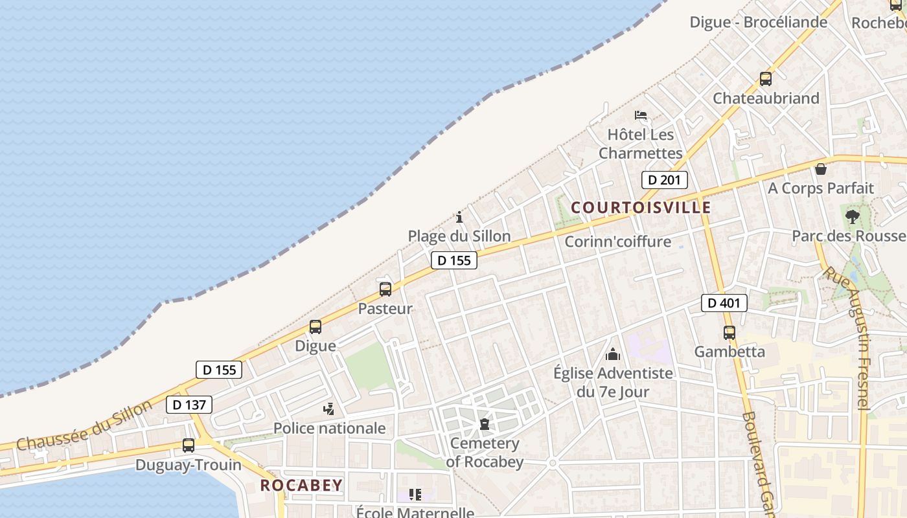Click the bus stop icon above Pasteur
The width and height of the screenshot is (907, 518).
click(385, 289)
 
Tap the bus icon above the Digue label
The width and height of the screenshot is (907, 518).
click(316, 327)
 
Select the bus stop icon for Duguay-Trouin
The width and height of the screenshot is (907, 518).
click(189, 445)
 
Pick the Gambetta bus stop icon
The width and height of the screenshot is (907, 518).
click(729, 333)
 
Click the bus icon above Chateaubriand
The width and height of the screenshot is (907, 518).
click(766, 79)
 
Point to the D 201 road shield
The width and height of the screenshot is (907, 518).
click(664, 180)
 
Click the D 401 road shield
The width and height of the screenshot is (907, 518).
click(724, 302)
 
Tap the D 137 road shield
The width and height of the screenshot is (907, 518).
click(189, 405)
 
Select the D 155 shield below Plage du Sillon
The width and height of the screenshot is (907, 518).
click(454, 260)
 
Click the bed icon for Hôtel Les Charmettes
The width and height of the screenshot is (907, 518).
click(641, 116)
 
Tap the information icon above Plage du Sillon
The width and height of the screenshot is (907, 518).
click(459, 217)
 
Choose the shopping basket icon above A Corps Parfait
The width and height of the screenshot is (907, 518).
click(821, 170)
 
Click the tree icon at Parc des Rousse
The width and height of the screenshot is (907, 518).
click(852, 216)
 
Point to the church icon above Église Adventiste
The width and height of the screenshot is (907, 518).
click(613, 354)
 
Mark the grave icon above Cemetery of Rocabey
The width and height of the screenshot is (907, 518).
click(484, 425)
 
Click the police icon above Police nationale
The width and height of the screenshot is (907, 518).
click(329, 409)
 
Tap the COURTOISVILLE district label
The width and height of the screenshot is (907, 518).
click(641, 208)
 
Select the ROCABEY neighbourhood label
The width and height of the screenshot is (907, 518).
click(301, 485)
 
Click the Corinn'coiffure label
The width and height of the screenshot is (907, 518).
click(617, 242)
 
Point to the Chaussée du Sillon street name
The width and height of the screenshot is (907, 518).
click(84, 425)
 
